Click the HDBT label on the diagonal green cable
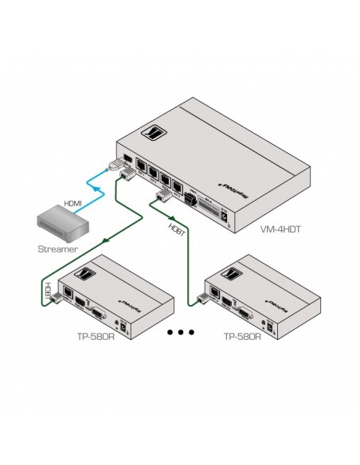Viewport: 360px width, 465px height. (x=174, y=229)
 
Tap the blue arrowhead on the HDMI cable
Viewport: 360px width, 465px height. (x=99, y=193)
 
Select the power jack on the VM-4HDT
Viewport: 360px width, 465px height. (x=229, y=213)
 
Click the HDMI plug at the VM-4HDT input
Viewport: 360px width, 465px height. (x=115, y=168)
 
